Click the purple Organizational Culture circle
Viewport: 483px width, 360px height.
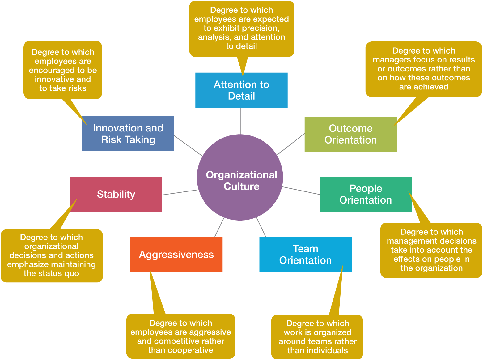click(240, 177)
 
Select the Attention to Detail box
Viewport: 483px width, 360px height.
click(241, 90)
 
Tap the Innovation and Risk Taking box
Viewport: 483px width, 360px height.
click(128, 134)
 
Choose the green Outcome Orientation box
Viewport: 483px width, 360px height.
click(351, 134)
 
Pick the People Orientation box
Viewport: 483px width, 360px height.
click(366, 194)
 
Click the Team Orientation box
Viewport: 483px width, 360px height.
click(305, 254)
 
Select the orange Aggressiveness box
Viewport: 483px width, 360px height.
click(176, 254)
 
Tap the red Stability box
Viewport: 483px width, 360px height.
click(116, 194)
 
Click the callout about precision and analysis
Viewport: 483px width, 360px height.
click(242, 28)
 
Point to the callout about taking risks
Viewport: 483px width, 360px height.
click(63, 70)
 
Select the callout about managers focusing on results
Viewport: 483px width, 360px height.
click(424, 69)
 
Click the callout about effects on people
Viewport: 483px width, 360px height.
click(431, 250)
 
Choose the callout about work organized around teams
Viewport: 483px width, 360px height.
click(317, 337)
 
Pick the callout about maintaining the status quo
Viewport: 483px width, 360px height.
click(52, 256)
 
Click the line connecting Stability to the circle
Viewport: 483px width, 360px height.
click(180, 192)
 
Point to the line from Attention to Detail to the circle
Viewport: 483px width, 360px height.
click(240, 121)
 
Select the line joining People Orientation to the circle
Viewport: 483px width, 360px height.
click(301, 190)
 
